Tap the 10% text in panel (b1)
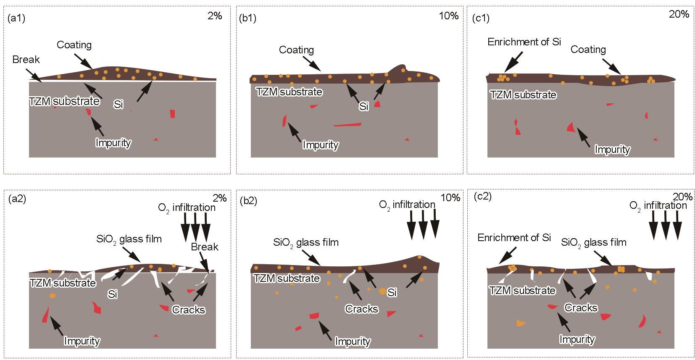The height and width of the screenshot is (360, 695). pos(449,16)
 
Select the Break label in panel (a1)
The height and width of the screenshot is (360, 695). pos(26,60)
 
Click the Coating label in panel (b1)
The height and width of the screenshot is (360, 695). pos(296,50)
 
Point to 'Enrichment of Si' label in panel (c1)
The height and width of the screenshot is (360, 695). pos(524,42)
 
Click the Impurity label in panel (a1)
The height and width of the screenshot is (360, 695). pos(113,143)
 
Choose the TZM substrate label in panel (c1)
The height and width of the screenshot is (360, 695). pos(523,95)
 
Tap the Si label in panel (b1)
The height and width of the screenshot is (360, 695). pos(363,106)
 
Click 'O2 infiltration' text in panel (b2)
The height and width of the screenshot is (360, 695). pos(407,205)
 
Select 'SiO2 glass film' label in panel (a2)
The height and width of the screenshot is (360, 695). pos(129,239)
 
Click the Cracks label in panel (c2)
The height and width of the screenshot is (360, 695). pos(581,308)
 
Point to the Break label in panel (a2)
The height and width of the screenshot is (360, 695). pos(205,247)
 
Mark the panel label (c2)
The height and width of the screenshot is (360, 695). pos(482,197)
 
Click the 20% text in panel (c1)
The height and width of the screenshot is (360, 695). pos(679,14)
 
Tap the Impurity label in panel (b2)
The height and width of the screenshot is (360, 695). pos(352,342)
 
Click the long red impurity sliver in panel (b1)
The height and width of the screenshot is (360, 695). pos(347,124)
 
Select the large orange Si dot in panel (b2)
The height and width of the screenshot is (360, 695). pos(382,291)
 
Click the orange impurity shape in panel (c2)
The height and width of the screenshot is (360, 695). pos(521,323)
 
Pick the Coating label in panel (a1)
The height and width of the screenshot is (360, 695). pos(74,45)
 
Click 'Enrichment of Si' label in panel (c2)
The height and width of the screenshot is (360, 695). pos(514,238)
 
